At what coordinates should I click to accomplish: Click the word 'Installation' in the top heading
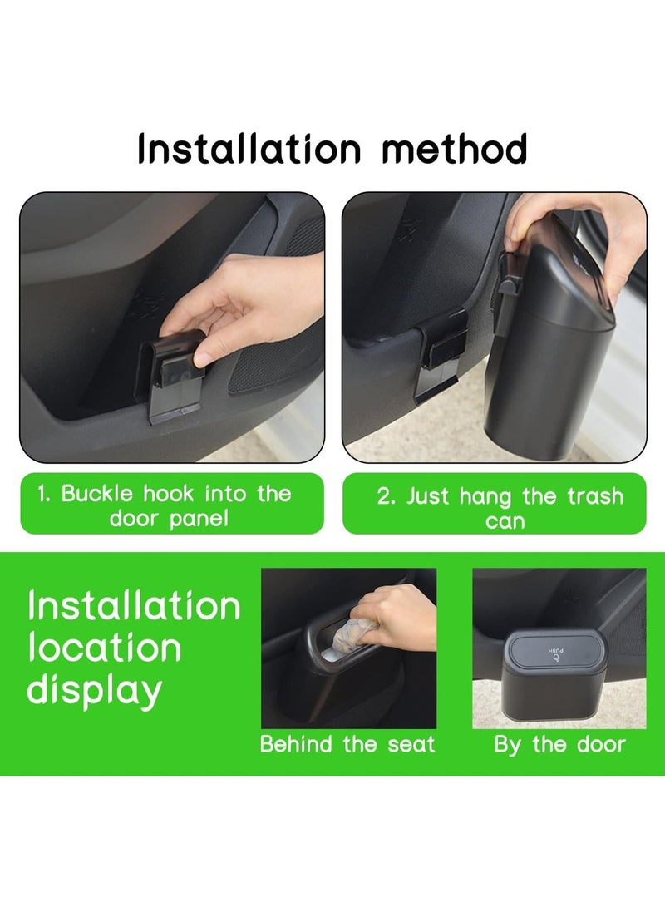pyautogui.click(x=249, y=149)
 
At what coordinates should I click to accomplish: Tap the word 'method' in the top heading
pyautogui.click(x=454, y=149)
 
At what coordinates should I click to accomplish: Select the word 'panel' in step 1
pyautogui.click(x=199, y=519)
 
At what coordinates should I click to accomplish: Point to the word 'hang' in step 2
pyautogui.click(x=485, y=497)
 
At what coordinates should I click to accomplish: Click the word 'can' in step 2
pyautogui.click(x=505, y=522)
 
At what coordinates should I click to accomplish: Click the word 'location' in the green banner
pyautogui.click(x=105, y=648)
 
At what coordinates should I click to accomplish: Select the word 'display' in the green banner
pyautogui.click(x=94, y=691)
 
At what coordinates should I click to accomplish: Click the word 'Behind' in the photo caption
pyautogui.click(x=296, y=744)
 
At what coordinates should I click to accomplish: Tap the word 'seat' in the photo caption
pyautogui.click(x=411, y=744)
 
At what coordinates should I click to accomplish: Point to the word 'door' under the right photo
pyautogui.click(x=601, y=744)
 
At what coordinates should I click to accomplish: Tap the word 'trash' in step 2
pyautogui.click(x=595, y=496)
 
